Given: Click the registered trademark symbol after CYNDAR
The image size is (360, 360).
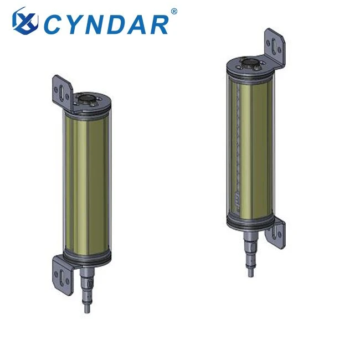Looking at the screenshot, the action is pos(174,11).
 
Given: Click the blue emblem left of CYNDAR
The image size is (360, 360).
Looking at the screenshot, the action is pos(25,21).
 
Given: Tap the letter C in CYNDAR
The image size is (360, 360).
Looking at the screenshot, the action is pos(54,24).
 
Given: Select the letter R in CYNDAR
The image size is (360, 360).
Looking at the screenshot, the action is pos(157,25).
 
